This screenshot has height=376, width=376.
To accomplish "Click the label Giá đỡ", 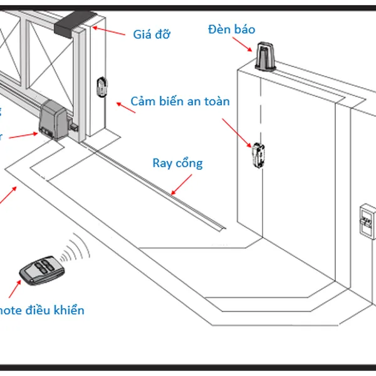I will click(152, 34).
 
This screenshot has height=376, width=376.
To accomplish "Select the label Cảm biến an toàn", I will click(180, 101).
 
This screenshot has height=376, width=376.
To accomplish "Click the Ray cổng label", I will click(178, 163).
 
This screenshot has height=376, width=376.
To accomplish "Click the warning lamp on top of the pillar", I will click(264, 56).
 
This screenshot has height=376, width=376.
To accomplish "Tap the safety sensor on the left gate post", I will click(102, 86).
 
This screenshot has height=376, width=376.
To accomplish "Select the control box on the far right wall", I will click(366, 220).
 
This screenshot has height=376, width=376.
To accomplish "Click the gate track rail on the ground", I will click(157, 188).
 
